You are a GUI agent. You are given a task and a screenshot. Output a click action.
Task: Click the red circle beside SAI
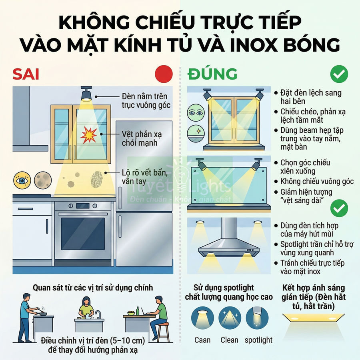click(164, 74)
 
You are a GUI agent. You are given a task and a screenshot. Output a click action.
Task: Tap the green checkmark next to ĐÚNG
click(339, 74)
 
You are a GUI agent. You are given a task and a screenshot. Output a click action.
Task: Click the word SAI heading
click(26, 74)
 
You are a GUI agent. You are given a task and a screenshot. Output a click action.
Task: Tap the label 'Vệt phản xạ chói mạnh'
click(142, 138)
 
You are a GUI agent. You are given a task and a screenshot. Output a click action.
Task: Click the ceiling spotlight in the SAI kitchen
click(86, 94)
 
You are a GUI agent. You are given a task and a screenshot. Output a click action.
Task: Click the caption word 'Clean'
click(230, 340)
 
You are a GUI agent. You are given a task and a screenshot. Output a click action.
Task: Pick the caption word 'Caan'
click(202, 340)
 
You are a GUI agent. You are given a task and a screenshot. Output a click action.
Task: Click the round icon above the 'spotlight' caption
click(257, 318)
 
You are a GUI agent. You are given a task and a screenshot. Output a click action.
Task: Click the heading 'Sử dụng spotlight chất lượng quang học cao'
click(229, 292)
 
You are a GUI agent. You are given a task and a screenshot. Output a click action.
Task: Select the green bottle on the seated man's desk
click(137, 311)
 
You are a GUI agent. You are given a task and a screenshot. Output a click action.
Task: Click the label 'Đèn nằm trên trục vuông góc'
click(144, 101)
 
